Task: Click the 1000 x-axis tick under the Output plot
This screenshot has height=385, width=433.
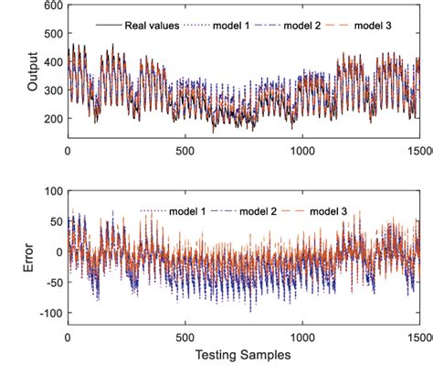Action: click(x=301, y=151)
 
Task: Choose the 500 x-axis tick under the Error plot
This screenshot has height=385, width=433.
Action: click(x=185, y=337)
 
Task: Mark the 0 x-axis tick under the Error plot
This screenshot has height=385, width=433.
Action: click(x=68, y=337)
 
